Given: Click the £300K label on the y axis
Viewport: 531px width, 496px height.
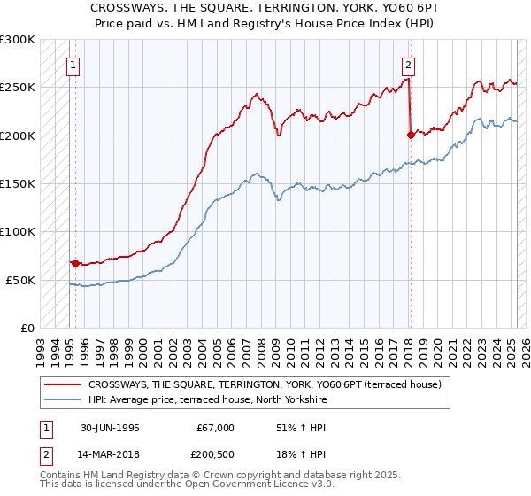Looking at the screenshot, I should point(18,40).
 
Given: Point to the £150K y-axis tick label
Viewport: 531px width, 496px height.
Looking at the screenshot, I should point(18,183).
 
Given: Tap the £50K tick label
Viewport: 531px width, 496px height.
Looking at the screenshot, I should point(20,280).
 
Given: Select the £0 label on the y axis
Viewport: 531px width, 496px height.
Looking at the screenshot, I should point(27,328).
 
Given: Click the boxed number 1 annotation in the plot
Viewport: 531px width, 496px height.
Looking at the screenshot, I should point(72,64).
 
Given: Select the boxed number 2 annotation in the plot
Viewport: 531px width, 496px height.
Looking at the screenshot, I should point(408,64).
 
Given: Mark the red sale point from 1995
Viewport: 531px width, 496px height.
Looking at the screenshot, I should point(76,263).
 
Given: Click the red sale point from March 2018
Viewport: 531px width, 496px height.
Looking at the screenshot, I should point(411,135).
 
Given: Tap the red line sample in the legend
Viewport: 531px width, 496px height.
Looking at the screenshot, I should point(63,384).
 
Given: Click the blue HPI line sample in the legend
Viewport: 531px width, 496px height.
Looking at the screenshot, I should point(63,400).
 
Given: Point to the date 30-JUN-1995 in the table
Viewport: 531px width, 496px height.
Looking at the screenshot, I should point(110,428).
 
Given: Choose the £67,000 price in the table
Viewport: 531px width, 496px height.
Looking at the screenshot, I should point(216,428).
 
